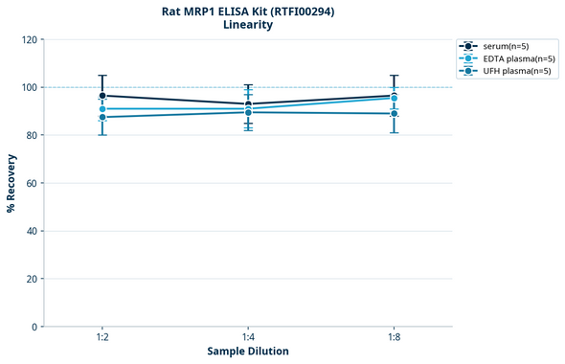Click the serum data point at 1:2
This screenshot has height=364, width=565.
coord(102,96)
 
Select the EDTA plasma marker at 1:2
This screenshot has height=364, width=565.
coord(102,109)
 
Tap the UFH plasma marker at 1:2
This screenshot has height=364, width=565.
coord(102,117)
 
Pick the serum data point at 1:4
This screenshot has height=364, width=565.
coord(248,104)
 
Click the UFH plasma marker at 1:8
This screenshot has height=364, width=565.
coord(394,114)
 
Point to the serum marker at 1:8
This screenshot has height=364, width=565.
coord(394,95)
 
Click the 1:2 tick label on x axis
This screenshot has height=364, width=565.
coord(102,337)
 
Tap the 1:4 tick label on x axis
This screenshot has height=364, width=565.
coord(248,337)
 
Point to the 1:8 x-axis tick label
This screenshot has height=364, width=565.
coord(394,337)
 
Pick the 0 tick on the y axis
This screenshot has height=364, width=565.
coord(34,327)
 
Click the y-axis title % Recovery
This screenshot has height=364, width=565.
coord(11,183)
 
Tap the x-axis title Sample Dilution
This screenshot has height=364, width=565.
coord(248,352)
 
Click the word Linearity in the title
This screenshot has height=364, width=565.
coord(248,25)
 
